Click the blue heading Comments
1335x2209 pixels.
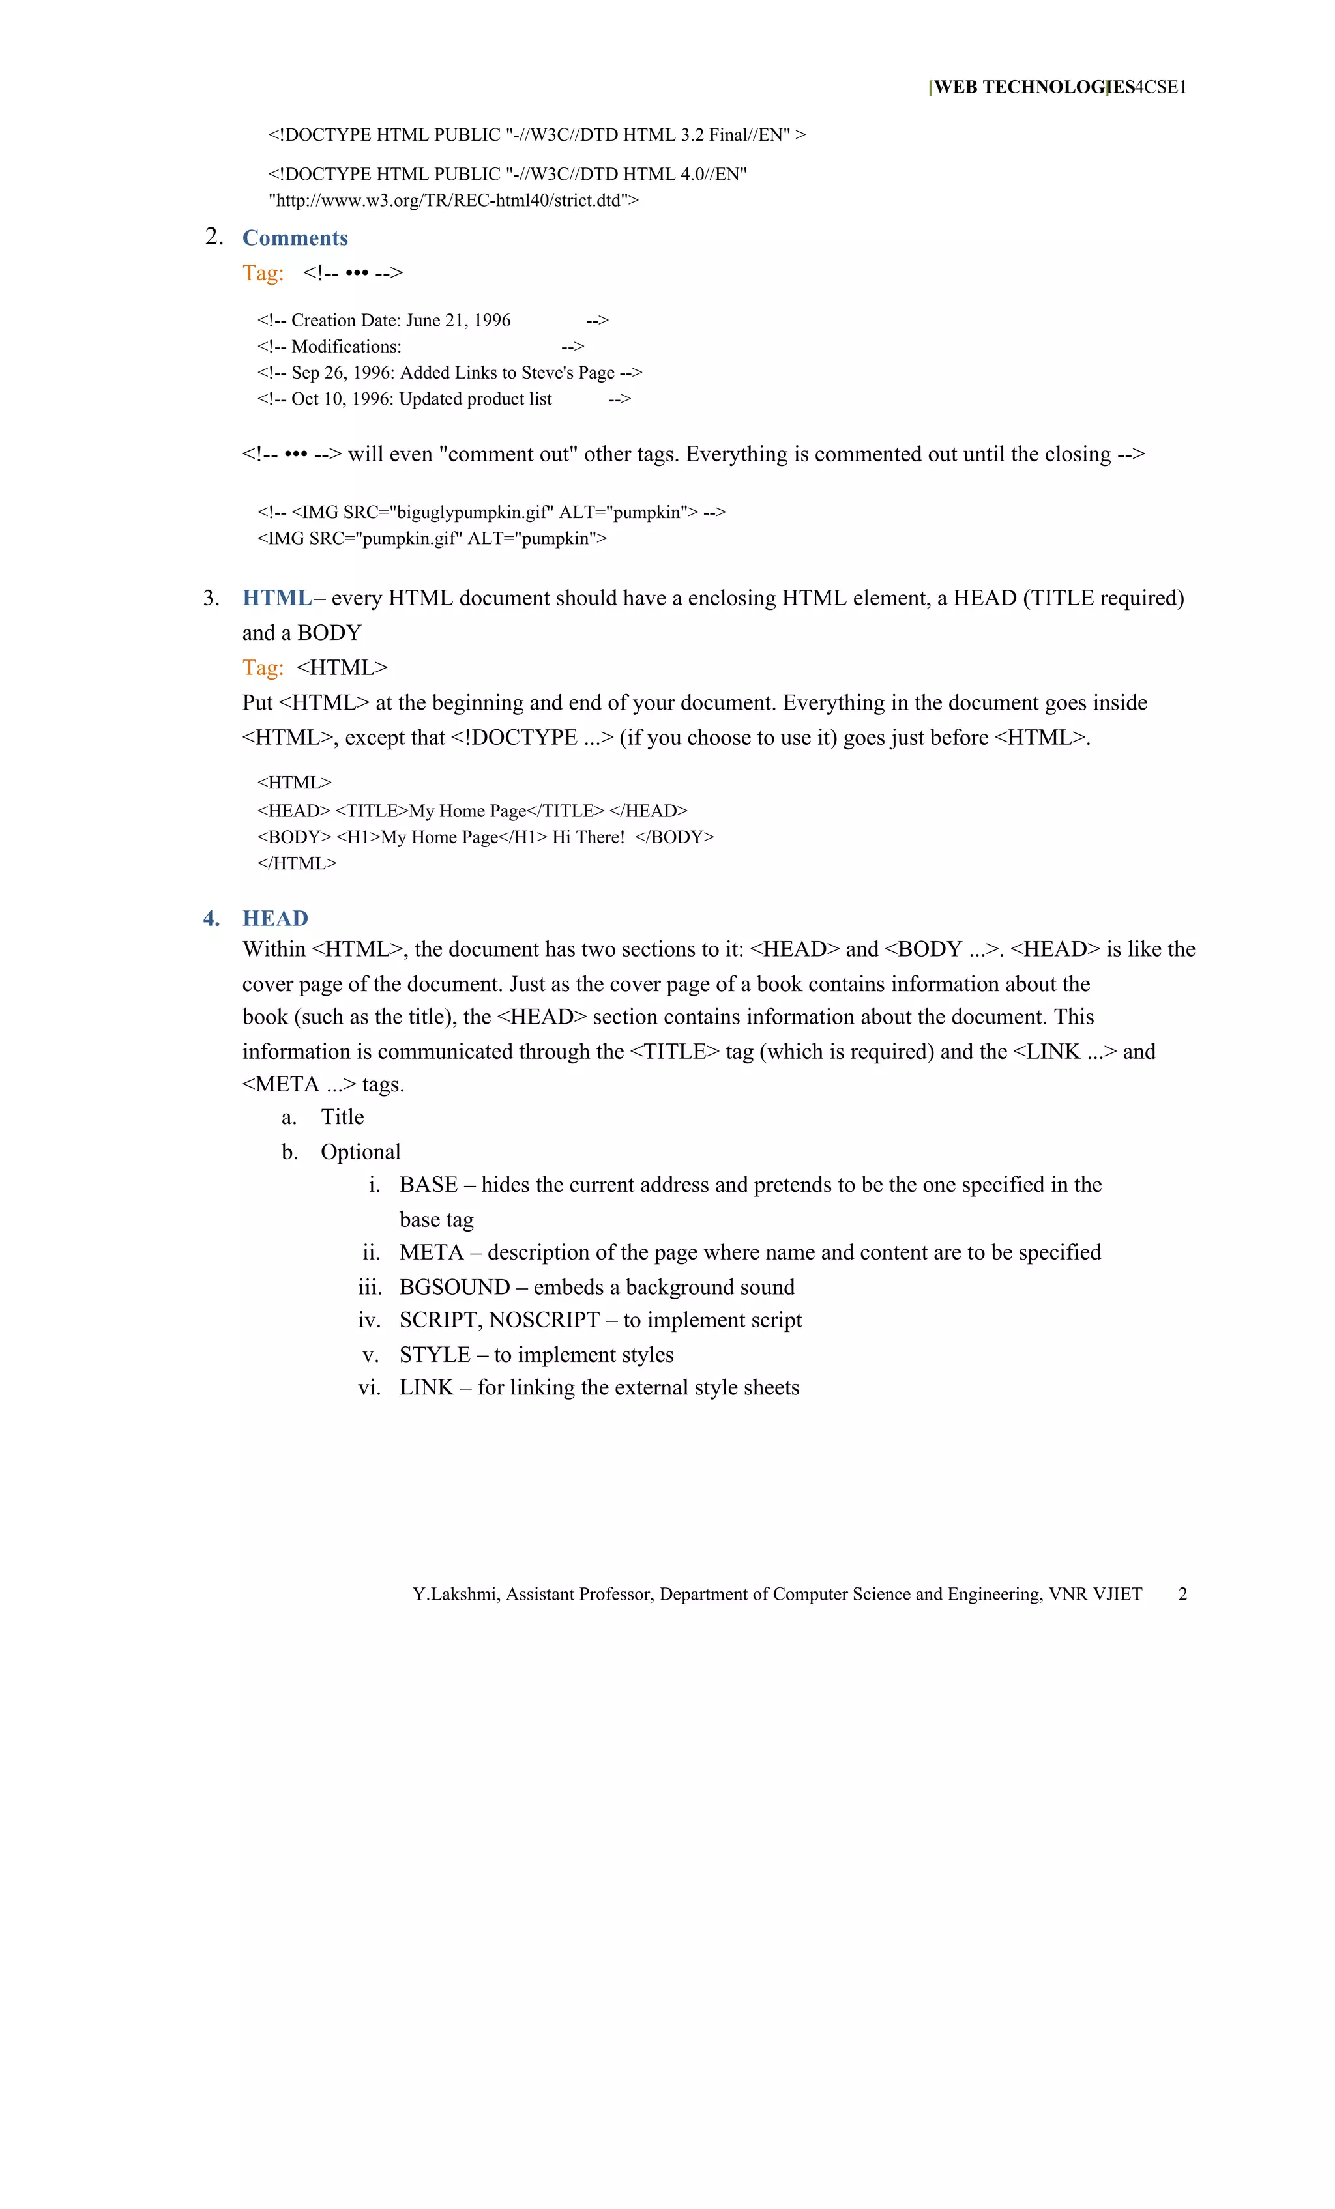[295, 238]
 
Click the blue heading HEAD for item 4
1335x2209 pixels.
[275, 918]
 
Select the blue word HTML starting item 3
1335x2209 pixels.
[277, 598]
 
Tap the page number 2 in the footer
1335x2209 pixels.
[1182, 1594]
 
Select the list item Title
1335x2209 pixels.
[342, 1117]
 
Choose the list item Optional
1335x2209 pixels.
[360, 1152]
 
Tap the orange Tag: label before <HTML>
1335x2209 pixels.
[263, 668]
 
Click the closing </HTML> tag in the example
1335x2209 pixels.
[297, 863]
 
